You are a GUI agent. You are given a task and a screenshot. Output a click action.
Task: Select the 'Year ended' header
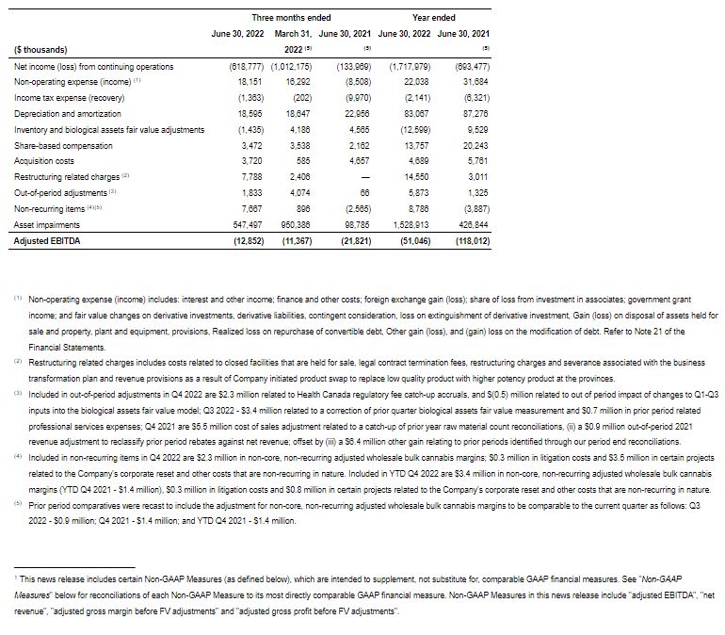434,18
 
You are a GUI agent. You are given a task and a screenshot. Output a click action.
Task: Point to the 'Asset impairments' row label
45,226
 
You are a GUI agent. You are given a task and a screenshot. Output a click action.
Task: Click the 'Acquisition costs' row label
44,162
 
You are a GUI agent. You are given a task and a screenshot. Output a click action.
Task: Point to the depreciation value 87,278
474,114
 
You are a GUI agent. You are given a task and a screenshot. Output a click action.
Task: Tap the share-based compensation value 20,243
474,146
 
